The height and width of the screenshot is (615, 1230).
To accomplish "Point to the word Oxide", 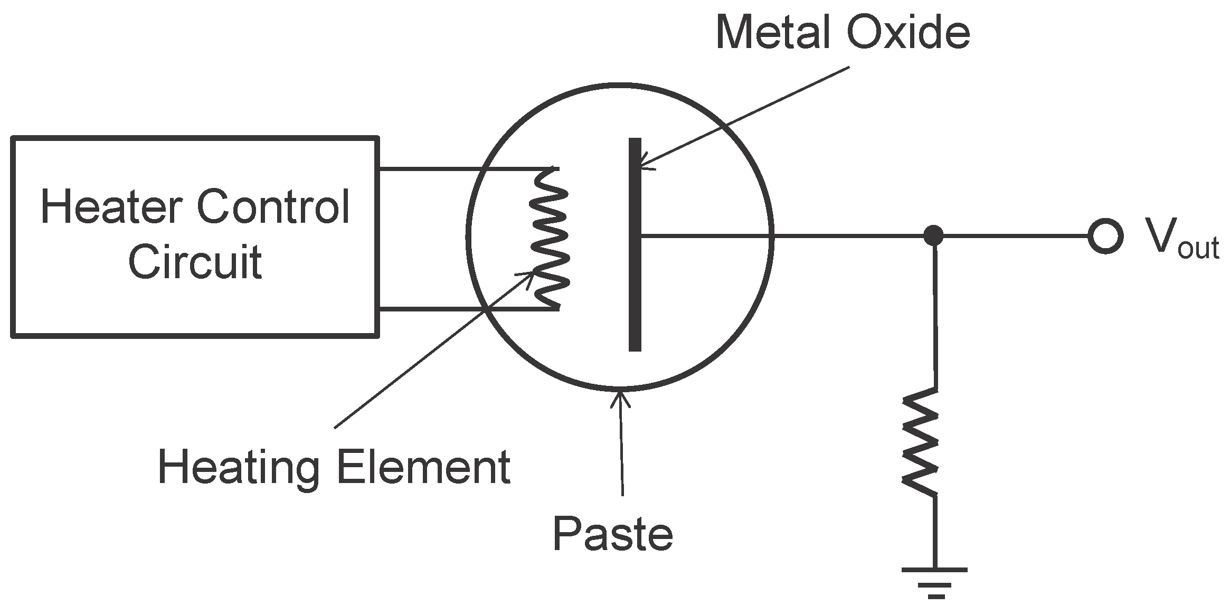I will [x=907, y=33].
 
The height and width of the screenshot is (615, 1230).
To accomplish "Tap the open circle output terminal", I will [x=1105, y=236].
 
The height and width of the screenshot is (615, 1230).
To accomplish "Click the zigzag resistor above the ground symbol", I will [x=920, y=442].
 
